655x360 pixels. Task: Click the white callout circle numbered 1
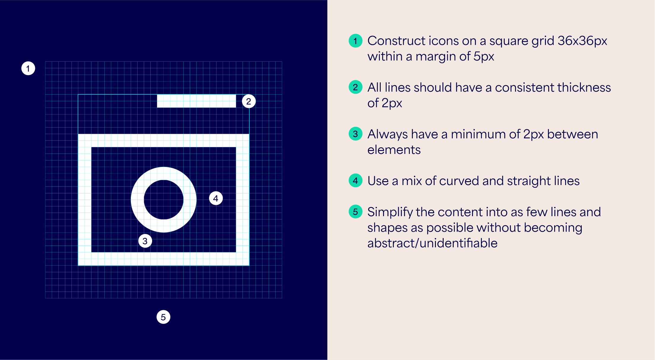(x=28, y=69)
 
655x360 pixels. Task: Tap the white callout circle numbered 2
(x=248, y=101)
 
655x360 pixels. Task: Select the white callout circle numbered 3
(x=145, y=241)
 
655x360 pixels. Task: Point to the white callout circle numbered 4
(x=216, y=198)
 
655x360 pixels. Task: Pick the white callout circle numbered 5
(x=163, y=317)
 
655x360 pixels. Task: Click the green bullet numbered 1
(x=356, y=41)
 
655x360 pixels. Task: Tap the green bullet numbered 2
(x=356, y=87)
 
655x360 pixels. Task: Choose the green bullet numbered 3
(x=356, y=134)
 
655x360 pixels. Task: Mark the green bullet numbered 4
(x=356, y=180)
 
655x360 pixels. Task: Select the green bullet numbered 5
(x=356, y=211)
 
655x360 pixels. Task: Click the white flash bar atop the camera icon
(x=196, y=101)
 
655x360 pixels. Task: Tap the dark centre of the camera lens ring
(x=164, y=200)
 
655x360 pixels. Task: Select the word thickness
(x=581, y=87)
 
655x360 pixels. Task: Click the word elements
(x=394, y=150)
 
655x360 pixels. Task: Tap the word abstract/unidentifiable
(x=432, y=243)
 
